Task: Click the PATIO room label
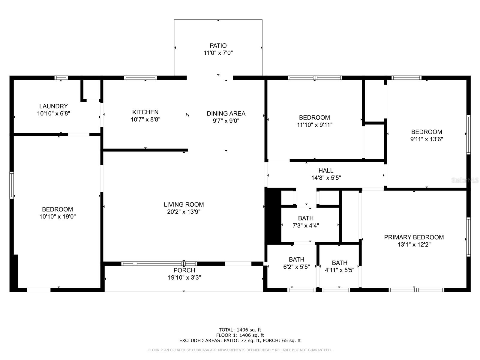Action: pos(218,46)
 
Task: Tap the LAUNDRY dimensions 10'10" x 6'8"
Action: pos(54,114)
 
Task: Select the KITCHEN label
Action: pos(145,112)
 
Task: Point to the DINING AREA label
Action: pos(226,113)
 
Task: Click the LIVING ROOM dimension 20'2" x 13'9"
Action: pos(184,212)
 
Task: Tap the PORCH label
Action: pos(184,270)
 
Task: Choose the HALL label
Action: pos(326,170)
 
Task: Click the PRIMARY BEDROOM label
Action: pos(414,237)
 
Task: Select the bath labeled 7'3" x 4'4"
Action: pos(306,222)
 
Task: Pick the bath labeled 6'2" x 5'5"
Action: pos(296,263)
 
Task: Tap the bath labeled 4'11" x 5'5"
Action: pos(340,266)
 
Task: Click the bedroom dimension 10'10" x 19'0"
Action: pos(57,217)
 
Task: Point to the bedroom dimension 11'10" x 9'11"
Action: pos(314,125)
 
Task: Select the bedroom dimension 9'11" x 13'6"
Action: pos(427,139)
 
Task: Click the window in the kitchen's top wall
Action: pos(140,78)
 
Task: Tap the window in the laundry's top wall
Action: pos(61,78)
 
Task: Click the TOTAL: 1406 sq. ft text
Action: pos(240,330)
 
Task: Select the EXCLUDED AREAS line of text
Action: pos(240,340)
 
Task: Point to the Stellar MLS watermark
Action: pos(465,180)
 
